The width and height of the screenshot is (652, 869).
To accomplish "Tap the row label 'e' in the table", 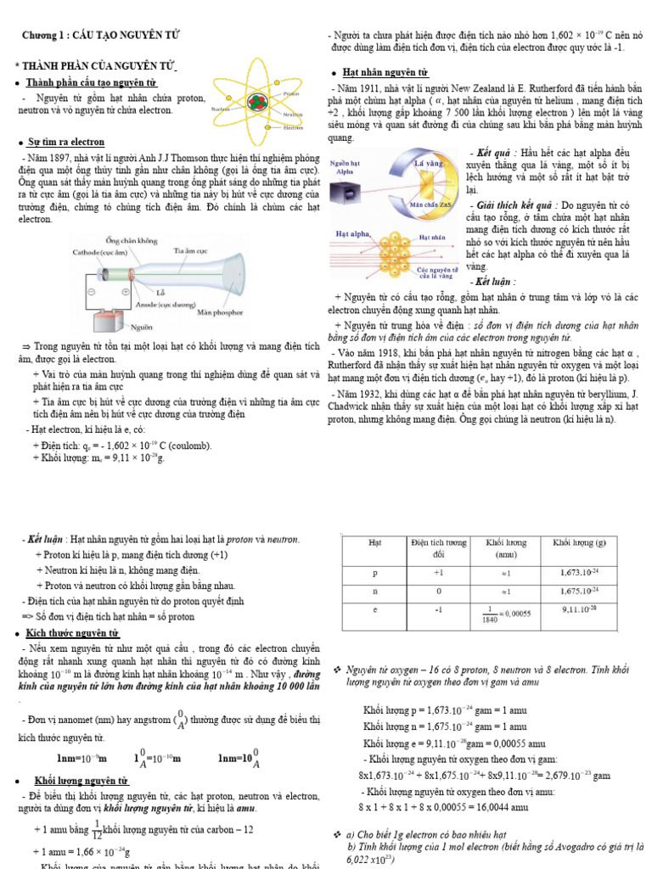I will tap(374, 609).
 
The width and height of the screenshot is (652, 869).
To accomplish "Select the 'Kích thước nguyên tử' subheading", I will tap(73, 634).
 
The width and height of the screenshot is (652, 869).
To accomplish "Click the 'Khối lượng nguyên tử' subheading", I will tap(81, 780).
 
